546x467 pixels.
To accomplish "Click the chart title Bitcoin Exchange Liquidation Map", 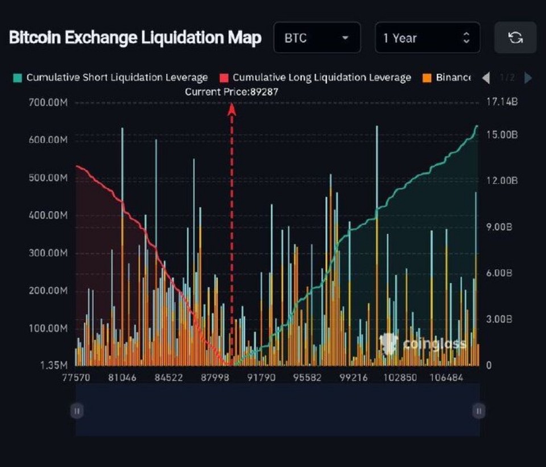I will (x=135, y=38).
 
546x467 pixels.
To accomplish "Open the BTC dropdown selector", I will (x=317, y=38).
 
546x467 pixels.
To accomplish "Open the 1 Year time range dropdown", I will (x=427, y=38).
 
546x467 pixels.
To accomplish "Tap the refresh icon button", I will (x=515, y=38).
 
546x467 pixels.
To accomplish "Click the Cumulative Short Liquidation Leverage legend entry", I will (x=111, y=77).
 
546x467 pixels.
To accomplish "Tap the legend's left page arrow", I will (x=486, y=78).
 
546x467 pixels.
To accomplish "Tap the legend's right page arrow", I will (x=528, y=78).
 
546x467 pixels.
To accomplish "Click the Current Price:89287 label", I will (x=231, y=91).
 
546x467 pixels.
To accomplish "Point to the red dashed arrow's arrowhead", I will (x=232, y=108).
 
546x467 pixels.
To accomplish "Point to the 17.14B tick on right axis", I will (x=502, y=103).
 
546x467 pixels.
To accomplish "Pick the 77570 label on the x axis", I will (x=76, y=378).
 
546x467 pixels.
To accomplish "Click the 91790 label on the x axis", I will (x=261, y=378).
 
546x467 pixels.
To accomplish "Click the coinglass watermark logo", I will (x=423, y=343).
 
